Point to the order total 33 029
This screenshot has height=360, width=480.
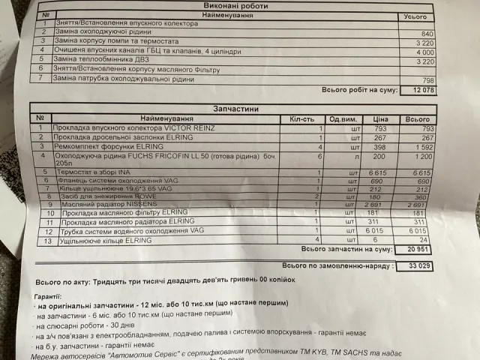coord(421,265)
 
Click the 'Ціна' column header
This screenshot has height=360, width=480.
coord(381,118)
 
